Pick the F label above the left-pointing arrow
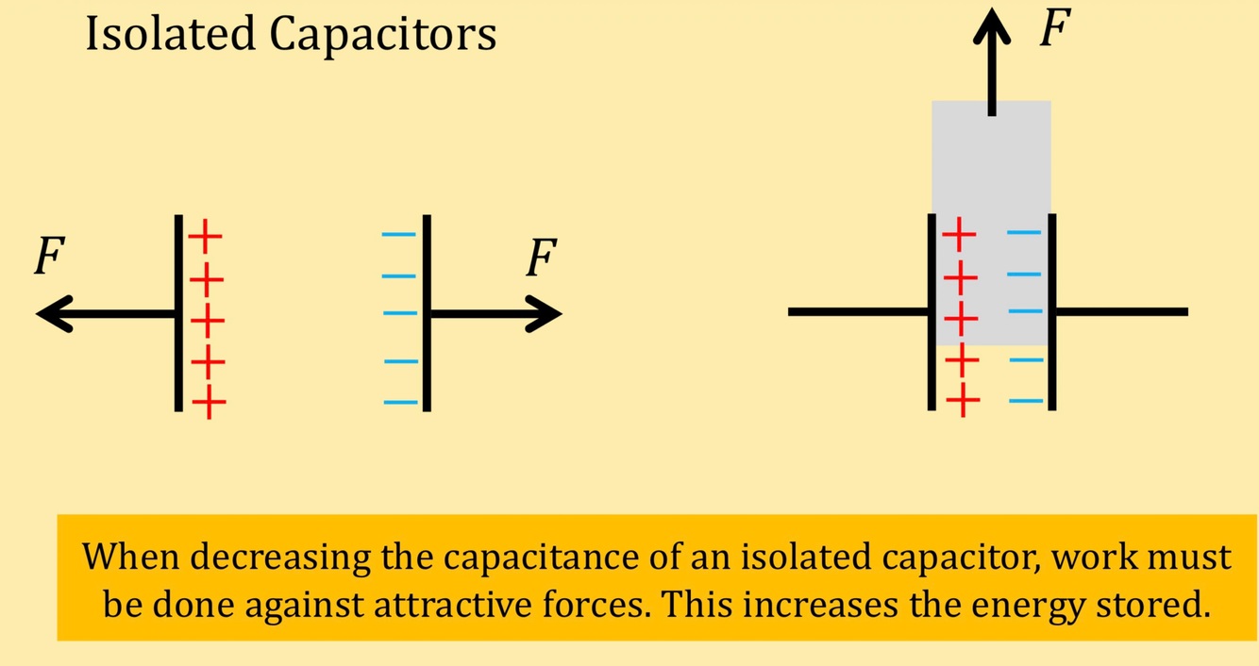(x=49, y=257)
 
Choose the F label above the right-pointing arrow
(x=542, y=258)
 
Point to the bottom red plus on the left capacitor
(x=209, y=405)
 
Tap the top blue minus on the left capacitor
(x=398, y=236)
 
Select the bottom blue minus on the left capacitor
(x=400, y=403)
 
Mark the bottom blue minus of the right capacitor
(x=1026, y=401)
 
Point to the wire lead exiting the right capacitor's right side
(x=1121, y=311)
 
